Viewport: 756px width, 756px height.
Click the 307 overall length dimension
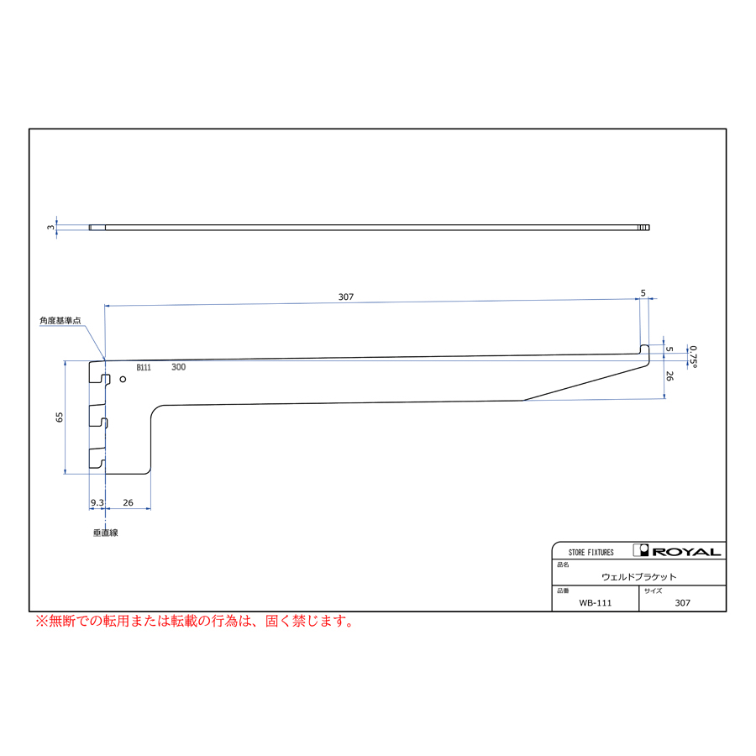coord(346,297)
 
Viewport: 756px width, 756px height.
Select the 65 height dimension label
coord(60,417)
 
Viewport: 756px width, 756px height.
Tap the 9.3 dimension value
coord(97,502)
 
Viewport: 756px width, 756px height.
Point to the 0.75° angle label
coord(693,357)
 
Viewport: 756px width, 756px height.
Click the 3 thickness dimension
coord(50,227)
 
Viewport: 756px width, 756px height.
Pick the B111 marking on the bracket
coord(144,367)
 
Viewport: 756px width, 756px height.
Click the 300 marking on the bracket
coord(178,367)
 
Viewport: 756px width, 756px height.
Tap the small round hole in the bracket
coord(123,380)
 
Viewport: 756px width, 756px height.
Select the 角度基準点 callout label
coord(60,321)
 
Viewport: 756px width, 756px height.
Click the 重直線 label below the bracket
coord(106,533)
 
